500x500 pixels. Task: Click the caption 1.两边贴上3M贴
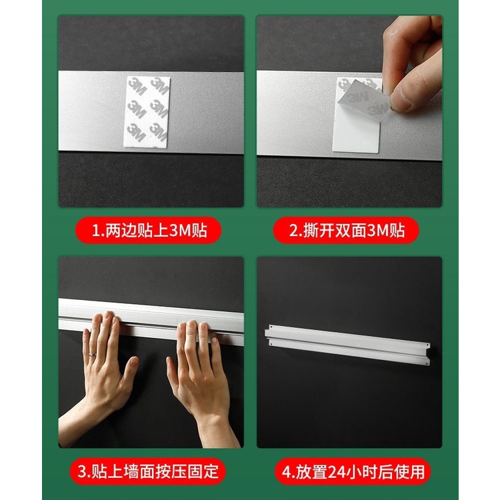coord(149,230)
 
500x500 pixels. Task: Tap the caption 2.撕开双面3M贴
coord(347,230)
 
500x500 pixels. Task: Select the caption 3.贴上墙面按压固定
coord(148,471)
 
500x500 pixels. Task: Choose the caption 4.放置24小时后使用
coord(353,472)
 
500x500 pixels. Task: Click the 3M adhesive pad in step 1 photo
coord(147,111)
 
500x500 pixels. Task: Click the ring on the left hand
coord(92,354)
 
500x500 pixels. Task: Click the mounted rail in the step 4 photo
coord(347,345)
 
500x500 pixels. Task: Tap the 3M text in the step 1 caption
coord(179,231)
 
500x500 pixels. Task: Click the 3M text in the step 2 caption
coord(377,231)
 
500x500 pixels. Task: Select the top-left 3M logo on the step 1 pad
coord(137,86)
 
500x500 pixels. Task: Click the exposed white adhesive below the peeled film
coord(355,134)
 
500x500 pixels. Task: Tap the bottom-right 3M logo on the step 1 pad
coord(158,133)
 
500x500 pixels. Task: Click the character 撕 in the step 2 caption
coord(311,231)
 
